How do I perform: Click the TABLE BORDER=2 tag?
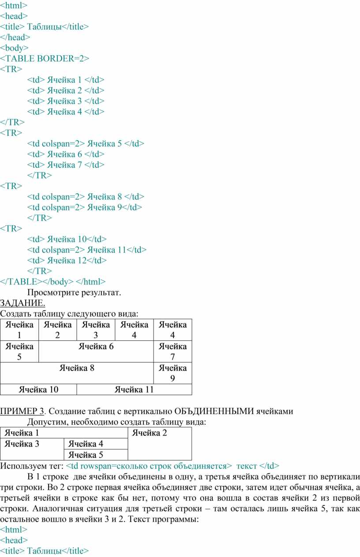[45, 58]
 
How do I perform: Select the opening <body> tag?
[14, 48]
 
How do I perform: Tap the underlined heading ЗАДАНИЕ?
[22, 303]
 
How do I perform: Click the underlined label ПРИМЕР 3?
[22, 411]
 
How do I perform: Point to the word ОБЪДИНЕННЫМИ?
[214, 411]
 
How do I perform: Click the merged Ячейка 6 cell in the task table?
[96, 351]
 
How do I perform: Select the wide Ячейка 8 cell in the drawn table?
[77, 373]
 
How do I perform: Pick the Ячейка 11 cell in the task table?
[134, 389]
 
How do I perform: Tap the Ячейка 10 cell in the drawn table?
[38, 389]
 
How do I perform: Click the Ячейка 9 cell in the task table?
[172, 373]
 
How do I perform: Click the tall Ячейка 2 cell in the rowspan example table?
[160, 444]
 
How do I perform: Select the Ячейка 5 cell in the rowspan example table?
[96, 455]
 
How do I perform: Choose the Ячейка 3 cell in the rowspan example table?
[32, 449]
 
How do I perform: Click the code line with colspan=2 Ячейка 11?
[87, 250]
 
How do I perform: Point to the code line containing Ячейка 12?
[67, 260]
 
